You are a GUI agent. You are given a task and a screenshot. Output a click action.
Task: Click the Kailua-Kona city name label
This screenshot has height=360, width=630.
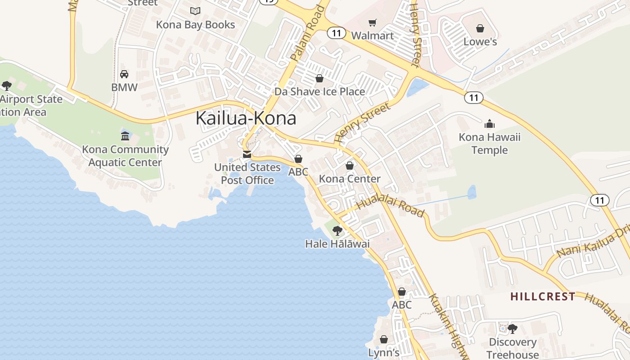(246, 118)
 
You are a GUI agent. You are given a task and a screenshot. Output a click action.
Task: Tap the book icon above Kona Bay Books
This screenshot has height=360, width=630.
(195, 11)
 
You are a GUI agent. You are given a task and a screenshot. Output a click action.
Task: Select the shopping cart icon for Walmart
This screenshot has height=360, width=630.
(372, 22)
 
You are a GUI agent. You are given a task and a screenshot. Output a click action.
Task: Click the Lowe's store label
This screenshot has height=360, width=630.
(480, 42)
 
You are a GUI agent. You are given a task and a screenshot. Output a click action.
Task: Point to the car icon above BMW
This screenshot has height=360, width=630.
(124, 74)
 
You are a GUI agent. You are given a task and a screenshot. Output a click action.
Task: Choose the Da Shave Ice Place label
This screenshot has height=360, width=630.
(319, 92)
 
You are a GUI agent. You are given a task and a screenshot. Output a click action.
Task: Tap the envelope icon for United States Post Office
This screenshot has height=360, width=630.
(247, 154)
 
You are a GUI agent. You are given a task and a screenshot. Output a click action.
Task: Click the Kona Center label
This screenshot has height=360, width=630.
(350, 179)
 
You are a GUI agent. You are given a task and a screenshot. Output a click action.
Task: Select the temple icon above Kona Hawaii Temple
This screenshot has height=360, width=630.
(489, 123)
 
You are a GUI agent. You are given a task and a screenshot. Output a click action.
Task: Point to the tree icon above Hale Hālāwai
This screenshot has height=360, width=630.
(337, 231)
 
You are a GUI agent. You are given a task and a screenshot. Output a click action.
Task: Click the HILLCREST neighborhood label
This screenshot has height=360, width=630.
(543, 297)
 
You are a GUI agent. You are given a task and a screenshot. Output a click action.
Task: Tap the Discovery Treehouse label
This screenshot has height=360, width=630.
(513, 348)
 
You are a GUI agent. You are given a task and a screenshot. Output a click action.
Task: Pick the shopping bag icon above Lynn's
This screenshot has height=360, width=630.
(384, 339)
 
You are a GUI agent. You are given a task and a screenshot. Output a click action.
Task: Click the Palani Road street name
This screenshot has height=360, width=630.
(307, 33)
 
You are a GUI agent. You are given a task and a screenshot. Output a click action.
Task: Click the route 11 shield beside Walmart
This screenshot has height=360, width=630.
(336, 33)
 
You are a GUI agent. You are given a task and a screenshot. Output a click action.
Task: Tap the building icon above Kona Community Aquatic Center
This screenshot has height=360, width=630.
(125, 136)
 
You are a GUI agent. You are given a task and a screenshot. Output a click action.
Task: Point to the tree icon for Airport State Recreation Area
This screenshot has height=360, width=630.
(7, 85)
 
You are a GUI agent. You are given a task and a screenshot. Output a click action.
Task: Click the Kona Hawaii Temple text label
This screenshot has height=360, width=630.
(489, 144)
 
